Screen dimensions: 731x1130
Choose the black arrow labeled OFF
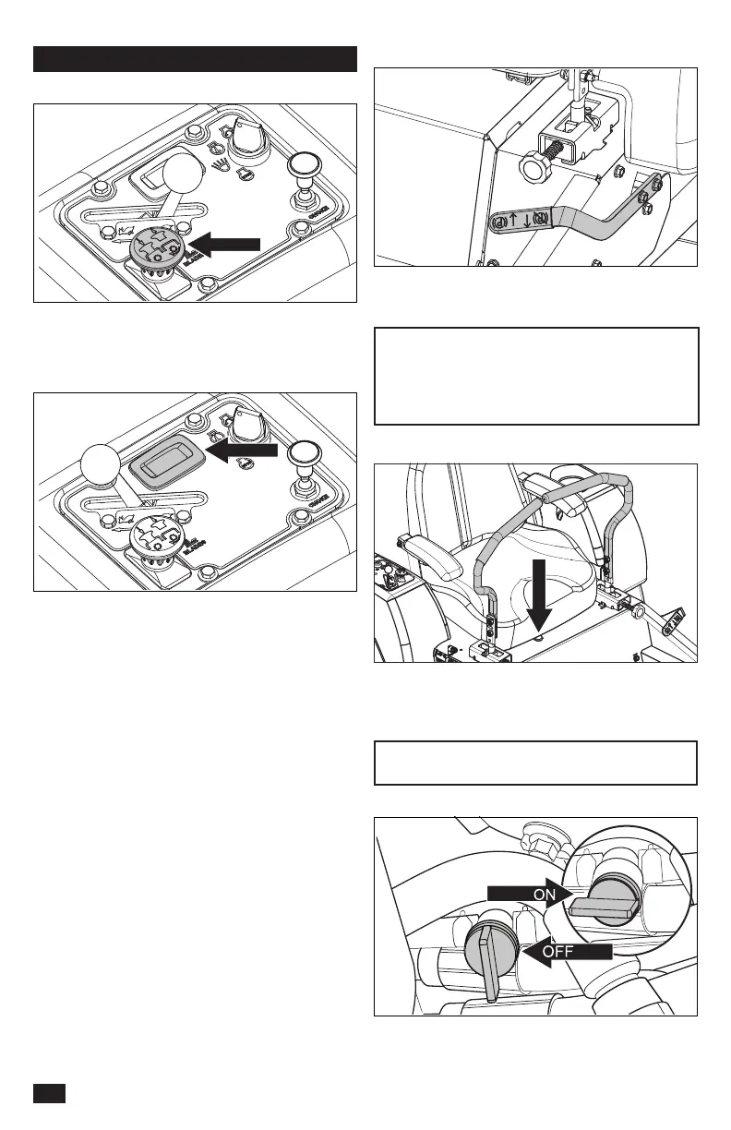coord(566,950)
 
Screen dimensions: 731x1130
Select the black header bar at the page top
coord(195,58)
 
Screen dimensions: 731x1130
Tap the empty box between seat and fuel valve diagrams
coord(535,763)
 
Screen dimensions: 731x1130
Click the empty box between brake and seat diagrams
coord(535,376)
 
